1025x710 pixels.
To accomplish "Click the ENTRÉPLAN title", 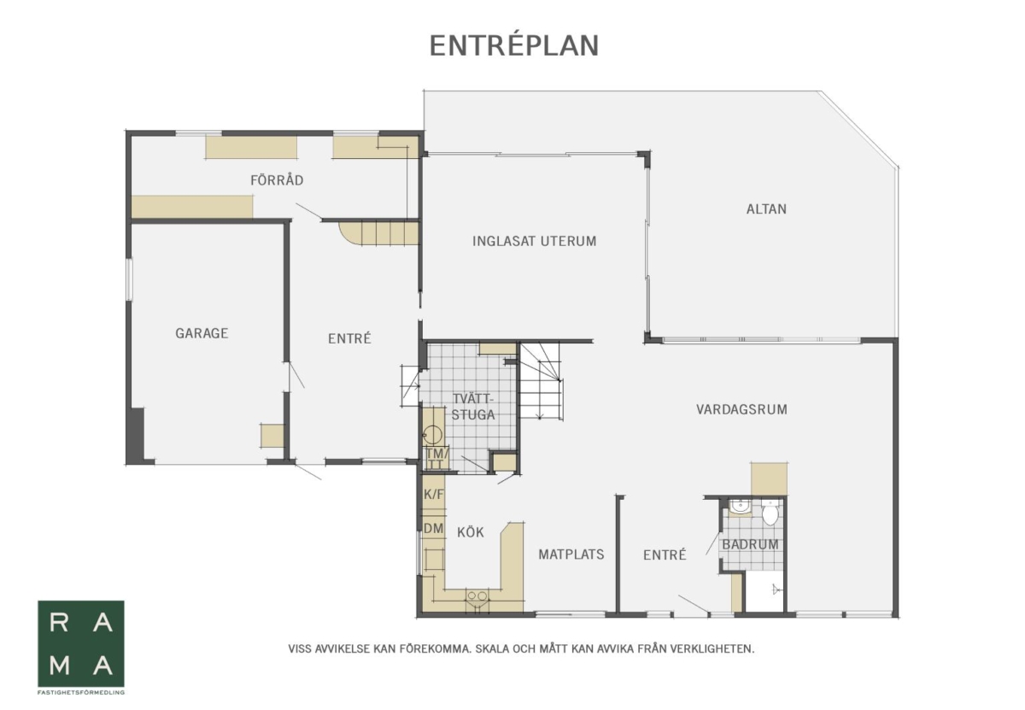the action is click(514, 45).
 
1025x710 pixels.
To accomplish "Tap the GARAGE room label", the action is click(202, 333).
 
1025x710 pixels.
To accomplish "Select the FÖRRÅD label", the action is click(277, 180).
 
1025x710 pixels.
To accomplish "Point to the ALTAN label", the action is click(766, 209).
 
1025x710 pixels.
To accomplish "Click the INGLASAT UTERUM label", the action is click(535, 241).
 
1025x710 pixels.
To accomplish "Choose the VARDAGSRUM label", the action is click(741, 409).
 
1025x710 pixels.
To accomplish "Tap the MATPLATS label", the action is click(571, 555).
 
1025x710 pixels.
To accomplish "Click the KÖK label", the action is click(471, 532).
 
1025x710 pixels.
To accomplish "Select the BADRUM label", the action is click(750, 544).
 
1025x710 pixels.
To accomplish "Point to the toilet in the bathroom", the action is click(770, 513).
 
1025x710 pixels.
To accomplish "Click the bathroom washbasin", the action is click(739, 507).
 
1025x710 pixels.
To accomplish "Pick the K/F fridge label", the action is click(433, 495).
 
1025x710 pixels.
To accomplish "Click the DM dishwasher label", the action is click(433, 528).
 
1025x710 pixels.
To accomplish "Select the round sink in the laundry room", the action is click(432, 434).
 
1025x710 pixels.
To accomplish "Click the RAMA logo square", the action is click(81, 643).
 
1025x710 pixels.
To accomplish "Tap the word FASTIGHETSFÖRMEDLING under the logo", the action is click(81, 693).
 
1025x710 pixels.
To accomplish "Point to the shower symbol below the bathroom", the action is click(776, 590).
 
